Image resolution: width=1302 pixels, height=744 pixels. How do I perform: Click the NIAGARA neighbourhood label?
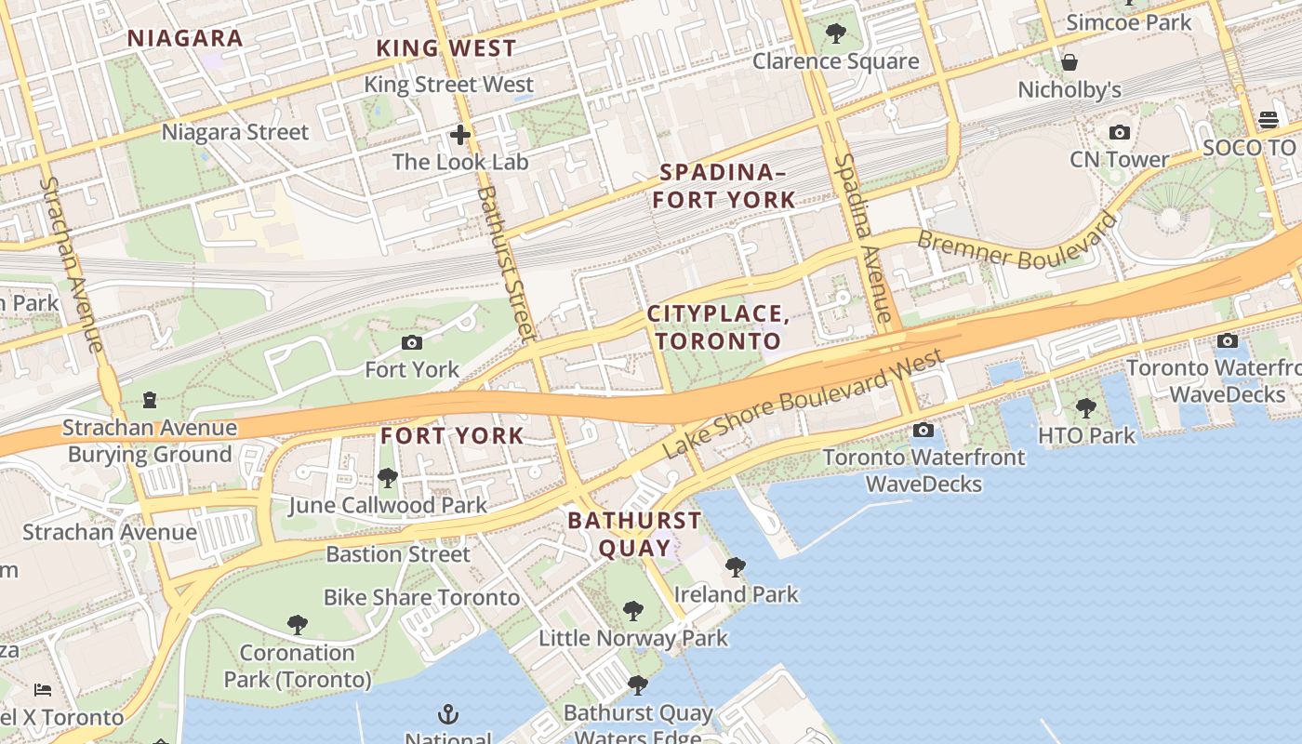[185, 38]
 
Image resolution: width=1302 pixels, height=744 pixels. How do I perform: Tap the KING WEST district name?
[445, 48]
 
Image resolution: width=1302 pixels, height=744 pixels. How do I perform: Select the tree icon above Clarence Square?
[836, 34]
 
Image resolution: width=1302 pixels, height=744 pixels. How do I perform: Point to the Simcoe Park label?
[1128, 22]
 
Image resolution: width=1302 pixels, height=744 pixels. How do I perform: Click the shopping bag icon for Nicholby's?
[1069, 62]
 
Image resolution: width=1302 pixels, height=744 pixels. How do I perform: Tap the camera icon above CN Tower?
[1120, 132]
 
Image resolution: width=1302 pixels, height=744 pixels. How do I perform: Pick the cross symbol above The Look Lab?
[459, 135]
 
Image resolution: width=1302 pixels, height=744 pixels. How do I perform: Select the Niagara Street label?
[234, 132]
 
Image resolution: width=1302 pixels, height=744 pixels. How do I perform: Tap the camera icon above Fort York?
[412, 342]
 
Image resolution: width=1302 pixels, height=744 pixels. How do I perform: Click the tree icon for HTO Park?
[1085, 407]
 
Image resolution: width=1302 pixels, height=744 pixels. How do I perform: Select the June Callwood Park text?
[387, 506]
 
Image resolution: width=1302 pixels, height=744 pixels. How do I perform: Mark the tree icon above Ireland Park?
[736, 566]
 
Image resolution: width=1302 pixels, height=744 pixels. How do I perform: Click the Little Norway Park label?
[633, 639]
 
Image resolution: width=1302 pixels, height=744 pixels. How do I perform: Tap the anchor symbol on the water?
[448, 714]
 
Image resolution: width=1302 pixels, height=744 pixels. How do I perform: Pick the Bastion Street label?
[398, 554]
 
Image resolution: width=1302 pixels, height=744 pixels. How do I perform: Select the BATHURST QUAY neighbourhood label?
[634, 534]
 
